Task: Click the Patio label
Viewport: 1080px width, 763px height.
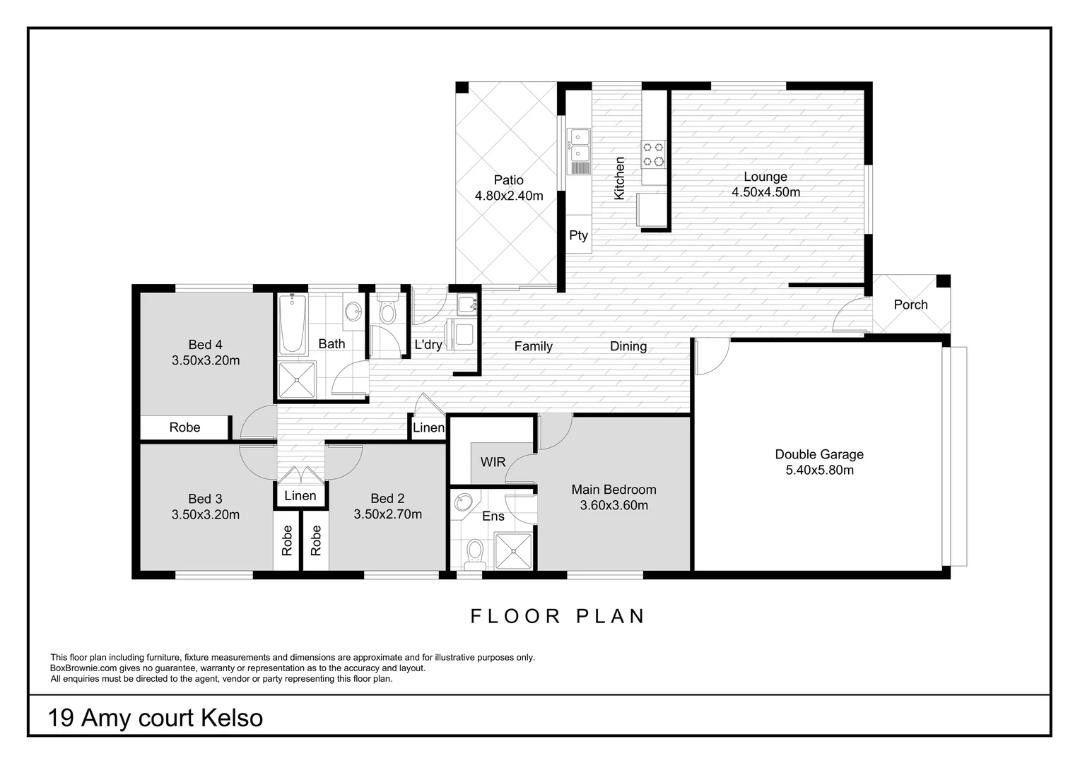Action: click(508, 180)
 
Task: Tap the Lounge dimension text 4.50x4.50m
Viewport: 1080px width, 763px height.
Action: click(765, 192)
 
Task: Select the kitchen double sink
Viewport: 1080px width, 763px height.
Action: click(580, 144)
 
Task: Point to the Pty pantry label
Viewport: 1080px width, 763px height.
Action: click(578, 235)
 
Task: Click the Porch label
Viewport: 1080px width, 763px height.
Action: click(910, 304)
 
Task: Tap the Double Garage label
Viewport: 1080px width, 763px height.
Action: click(819, 454)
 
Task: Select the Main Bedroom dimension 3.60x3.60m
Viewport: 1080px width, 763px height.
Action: click(614, 505)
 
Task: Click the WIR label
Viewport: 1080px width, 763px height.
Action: click(493, 462)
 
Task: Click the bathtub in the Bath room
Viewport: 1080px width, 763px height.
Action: click(293, 324)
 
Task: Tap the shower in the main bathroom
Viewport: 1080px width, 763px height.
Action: click(297, 380)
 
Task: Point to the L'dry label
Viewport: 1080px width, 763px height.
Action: click(428, 345)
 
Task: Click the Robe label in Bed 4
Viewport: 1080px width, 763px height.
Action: click(184, 427)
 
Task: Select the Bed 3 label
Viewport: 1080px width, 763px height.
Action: click(205, 499)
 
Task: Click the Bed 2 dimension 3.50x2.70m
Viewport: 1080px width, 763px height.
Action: click(387, 514)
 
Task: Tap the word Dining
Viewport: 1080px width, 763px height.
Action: click(628, 346)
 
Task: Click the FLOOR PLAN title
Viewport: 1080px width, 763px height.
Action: click(558, 616)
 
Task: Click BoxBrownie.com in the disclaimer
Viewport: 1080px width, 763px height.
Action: click(82, 668)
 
